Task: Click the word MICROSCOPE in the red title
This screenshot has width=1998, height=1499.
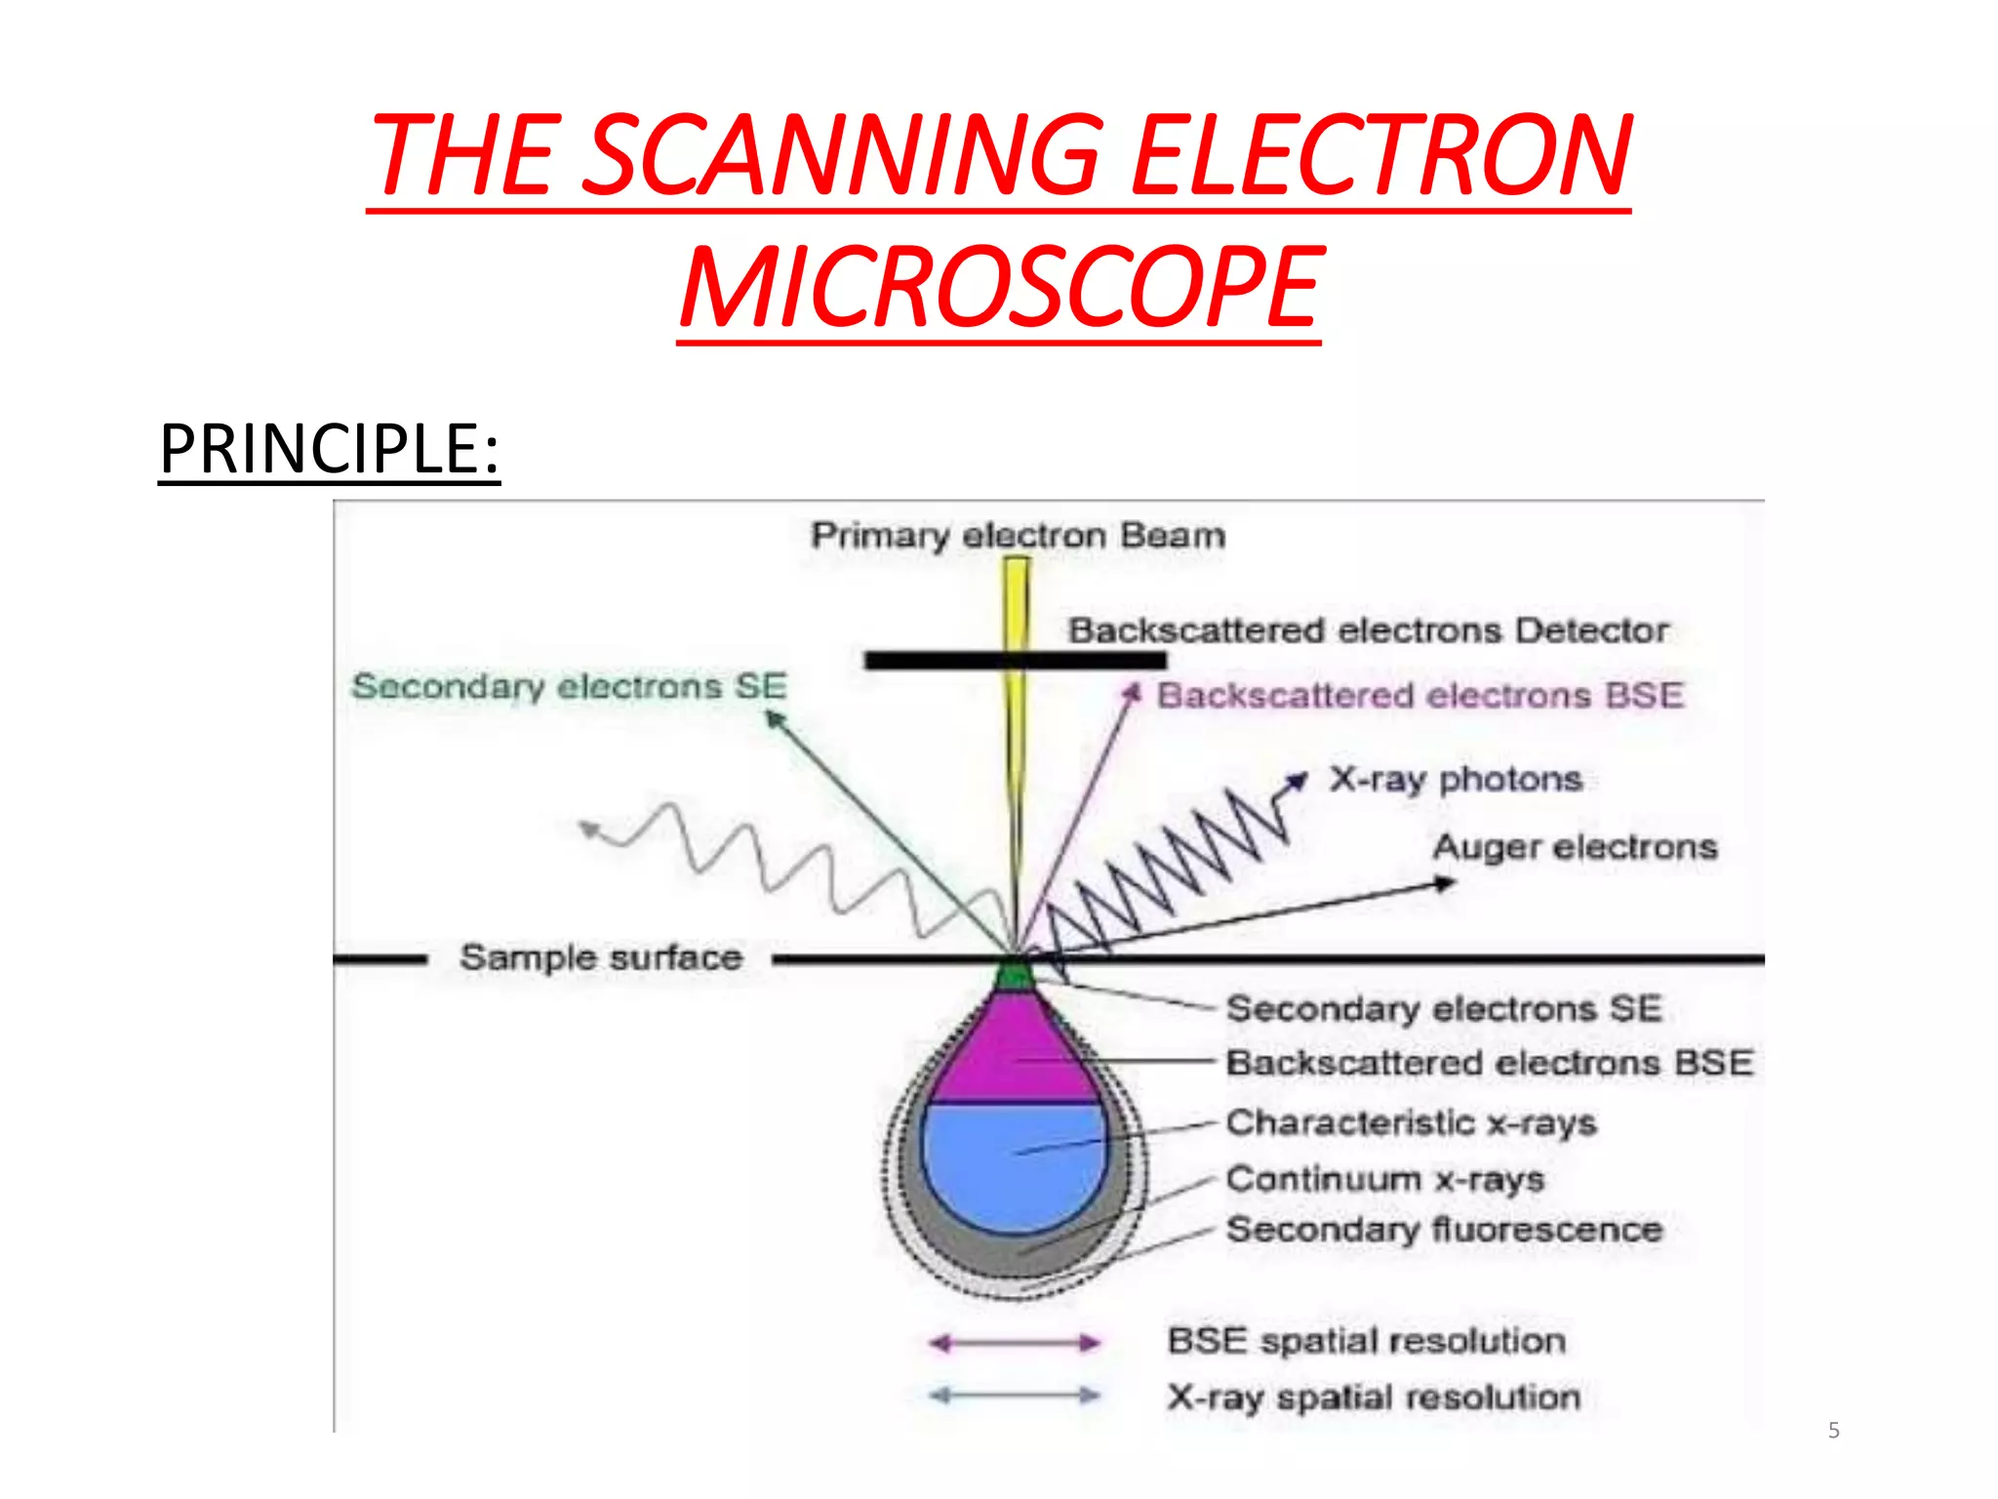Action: click(999, 288)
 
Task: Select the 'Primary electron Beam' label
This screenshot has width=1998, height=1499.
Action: click(1018, 536)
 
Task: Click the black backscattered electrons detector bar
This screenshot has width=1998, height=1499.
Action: click(1015, 661)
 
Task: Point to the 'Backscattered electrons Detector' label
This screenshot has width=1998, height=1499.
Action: click(1368, 630)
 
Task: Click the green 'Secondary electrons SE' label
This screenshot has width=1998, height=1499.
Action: click(569, 686)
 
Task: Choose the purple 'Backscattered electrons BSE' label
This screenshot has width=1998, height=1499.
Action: click(1419, 696)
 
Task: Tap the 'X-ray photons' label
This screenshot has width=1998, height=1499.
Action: click(1455, 779)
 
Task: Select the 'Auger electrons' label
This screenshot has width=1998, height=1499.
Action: click(1575, 846)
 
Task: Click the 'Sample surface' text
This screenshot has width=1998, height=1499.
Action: click(600, 957)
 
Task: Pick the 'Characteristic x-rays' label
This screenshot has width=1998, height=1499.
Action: click(1411, 1122)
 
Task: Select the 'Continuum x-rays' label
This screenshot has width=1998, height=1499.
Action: click(1384, 1179)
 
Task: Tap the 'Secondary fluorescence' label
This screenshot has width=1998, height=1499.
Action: click(1444, 1230)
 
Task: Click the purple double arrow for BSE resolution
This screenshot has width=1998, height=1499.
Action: click(1015, 1344)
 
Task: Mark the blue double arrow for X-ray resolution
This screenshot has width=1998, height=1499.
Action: click(1015, 1396)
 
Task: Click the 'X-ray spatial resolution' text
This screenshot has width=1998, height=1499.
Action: click(1373, 1398)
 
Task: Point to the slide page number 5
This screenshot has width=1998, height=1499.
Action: click(1833, 1431)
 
